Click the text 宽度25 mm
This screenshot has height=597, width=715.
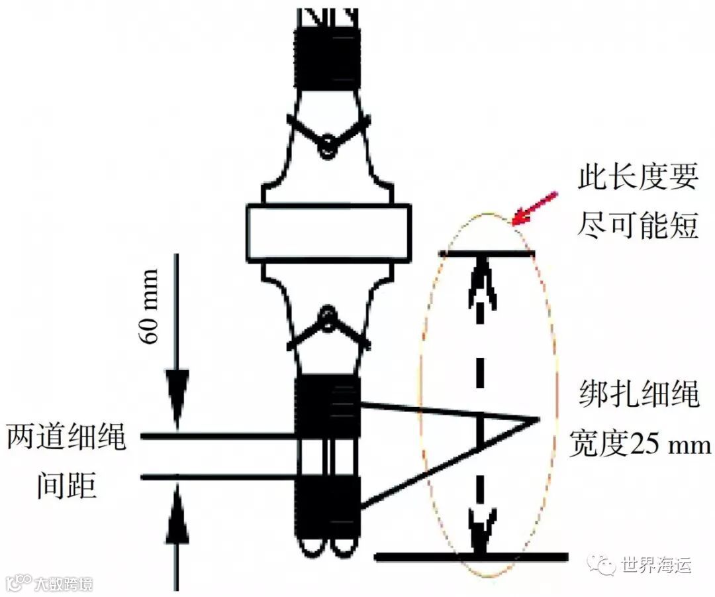coord(640,445)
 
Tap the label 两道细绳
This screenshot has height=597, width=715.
coord(67,438)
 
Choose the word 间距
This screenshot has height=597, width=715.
coord(66,487)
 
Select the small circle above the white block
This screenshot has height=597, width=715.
coord(326,148)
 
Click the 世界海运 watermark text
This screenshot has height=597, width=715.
coord(655,565)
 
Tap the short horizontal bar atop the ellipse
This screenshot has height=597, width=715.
coord(487,253)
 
